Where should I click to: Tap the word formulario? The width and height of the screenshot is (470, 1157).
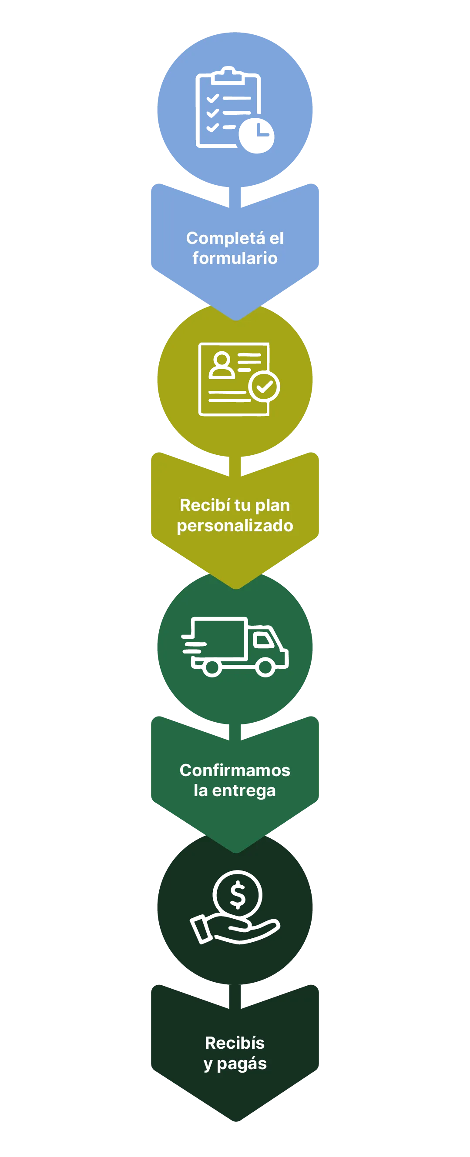pos(235,258)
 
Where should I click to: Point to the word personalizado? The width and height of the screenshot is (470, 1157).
pos(235,526)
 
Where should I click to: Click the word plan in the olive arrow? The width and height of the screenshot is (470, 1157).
pos(272,506)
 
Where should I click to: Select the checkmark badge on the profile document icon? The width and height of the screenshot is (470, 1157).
pos(264,386)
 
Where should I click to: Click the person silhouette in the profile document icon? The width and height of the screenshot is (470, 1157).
pos(222,366)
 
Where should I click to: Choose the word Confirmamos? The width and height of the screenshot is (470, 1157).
pos(235,771)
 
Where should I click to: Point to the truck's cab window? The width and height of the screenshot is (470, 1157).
pos(264,640)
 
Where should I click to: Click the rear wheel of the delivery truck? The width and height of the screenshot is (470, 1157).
pos(211,668)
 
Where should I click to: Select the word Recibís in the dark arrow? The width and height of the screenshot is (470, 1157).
pos(235,1044)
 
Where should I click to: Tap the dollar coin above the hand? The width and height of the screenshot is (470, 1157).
pos(237,895)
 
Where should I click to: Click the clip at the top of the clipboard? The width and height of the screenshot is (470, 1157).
pos(228,75)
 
